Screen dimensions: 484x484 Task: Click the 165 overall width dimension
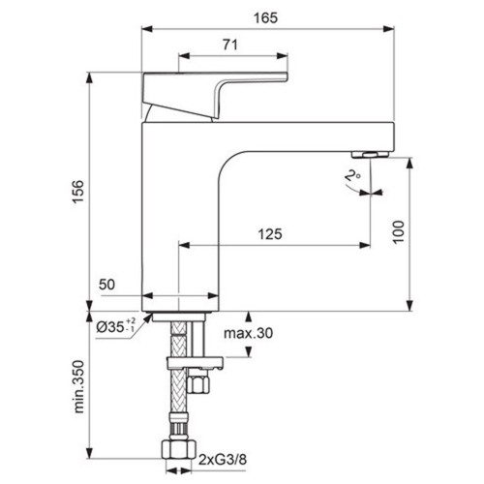(265, 18)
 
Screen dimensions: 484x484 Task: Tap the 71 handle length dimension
(230, 45)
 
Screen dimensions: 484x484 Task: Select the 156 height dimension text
(78, 192)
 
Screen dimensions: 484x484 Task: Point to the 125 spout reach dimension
(270, 234)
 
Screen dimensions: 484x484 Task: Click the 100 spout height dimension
(399, 232)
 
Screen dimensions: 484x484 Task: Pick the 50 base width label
(106, 285)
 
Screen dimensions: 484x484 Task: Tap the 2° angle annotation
(352, 176)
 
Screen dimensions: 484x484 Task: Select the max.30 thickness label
(249, 333)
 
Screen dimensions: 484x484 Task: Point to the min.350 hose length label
(78, 387)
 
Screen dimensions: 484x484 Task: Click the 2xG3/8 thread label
(223, 460)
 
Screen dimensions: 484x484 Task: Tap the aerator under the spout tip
(371, 155)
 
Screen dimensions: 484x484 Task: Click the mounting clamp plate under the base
(195, 363)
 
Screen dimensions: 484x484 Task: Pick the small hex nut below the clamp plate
(198, 380)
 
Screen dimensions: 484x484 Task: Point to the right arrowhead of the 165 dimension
(388, 29)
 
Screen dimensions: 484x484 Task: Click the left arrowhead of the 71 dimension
(184, 56)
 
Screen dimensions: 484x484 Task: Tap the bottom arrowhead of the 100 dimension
(409, 306)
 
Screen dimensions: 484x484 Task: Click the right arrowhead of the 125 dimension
(365, 245)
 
